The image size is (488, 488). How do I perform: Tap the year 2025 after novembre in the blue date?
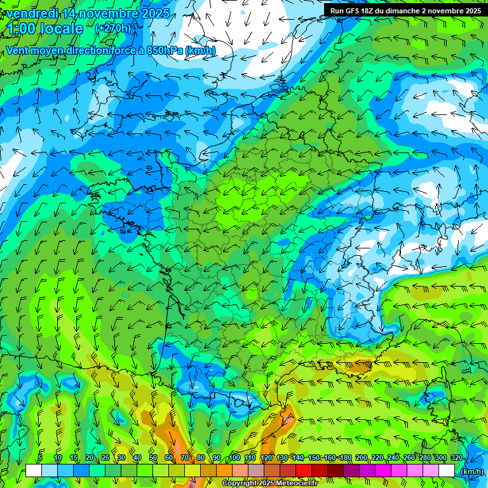[153, 13]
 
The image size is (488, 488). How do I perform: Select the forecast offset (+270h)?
[113, 28]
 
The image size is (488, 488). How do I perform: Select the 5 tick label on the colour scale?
[39, 458]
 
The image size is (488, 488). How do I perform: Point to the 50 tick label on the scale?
[153, 458]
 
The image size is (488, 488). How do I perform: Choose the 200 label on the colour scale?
[362, 458]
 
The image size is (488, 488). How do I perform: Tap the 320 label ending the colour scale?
[457, 458]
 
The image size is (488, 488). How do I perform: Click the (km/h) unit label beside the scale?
[472, 471]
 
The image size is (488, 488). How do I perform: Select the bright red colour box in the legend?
[304, 471]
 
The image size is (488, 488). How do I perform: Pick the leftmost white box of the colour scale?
[34, 471]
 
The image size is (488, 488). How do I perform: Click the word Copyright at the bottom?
[240, 484]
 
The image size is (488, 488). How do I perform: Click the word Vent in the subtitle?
[17, 50]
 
